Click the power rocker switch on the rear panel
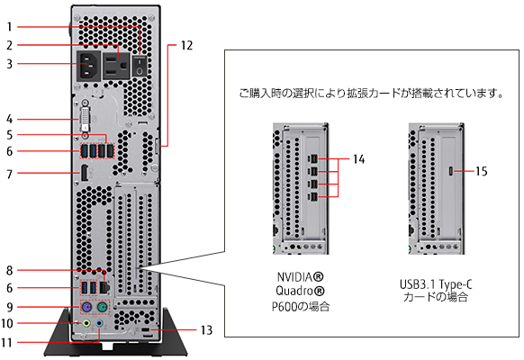[x=140, y=66]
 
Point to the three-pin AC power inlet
[x=88, y=66]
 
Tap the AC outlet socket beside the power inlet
[x=115, y=66]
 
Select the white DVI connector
[x=86, y=119]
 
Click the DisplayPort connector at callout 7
[x=85, y=173]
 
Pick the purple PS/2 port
[x=86, y=308]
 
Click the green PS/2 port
[x=103, y=308]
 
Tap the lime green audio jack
[x=86, y=323]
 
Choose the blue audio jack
[x=99, y=323]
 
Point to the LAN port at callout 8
[x=104, y=287]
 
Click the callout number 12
[x=186, y=46]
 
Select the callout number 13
[x=206, y=330]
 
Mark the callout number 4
[x=9, y=119]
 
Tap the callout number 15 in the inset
[x=481, y=171]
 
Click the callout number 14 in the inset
[x=359, y=159]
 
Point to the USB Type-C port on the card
[x=451, y=171]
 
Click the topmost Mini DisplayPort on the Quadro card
[x=313, y=158]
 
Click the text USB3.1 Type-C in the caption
[x=436, y=285]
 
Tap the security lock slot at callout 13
[x=147, y=330]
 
